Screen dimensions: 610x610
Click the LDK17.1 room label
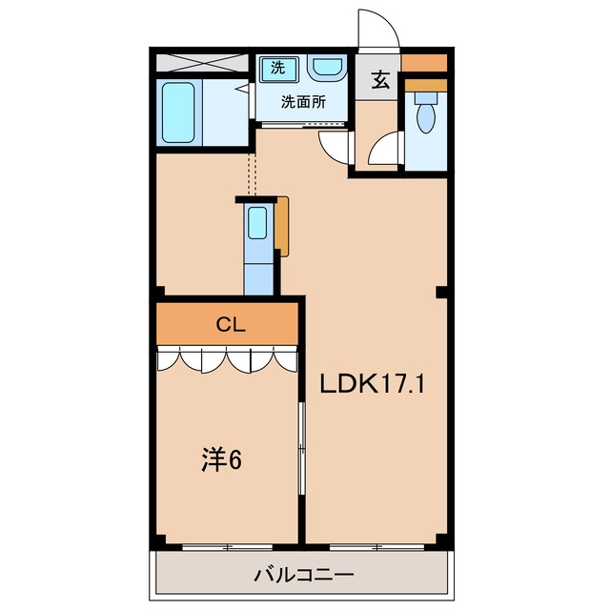(x=373, y=383)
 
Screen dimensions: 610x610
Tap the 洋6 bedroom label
(x=221, y=459)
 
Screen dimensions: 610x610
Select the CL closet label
(x=231, y=324)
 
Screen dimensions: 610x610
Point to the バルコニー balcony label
(x=304, y=574)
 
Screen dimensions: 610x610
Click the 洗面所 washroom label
(x=303, y=102)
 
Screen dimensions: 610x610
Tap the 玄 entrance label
(x=380, y=79)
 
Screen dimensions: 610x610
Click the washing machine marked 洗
(x=279, y=69)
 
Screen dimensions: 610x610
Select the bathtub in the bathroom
(x=178, y=112)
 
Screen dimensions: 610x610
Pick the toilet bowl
(x=426, y=114)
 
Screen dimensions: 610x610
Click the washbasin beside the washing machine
(x=327, y=67)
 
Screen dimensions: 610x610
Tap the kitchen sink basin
(x=257, y=222)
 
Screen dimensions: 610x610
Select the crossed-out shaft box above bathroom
(x=202, y=63)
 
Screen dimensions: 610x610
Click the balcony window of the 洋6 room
(x=227, y=547)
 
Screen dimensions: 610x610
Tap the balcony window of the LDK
(x=376, y=547)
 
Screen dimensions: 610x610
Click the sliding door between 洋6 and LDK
(x=301, y=449)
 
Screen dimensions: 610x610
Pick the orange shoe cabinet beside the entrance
(x=424, y=63)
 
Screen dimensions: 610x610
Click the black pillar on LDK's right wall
(x=441, y=293)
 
